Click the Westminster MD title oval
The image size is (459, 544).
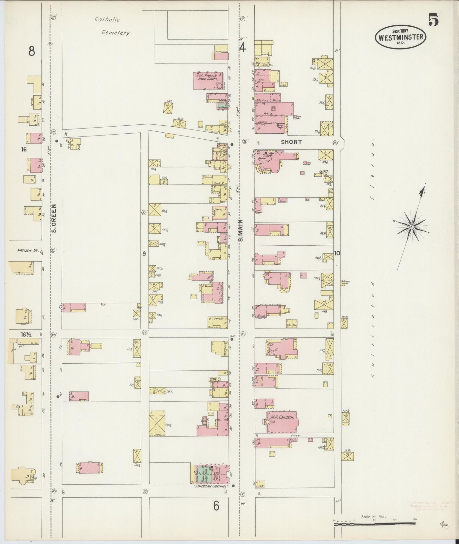[x=401, y=37]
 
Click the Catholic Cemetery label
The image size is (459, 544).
[x=111, y=26]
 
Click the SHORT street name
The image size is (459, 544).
[x=291, y=142]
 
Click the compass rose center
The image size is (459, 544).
[x=411, y=227]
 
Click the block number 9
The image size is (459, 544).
[x=144, y=254]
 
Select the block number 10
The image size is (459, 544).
[x=337, y=253]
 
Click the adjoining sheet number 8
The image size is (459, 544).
[x=31, y=51]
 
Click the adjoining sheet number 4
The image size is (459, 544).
[x=242, y=48]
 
